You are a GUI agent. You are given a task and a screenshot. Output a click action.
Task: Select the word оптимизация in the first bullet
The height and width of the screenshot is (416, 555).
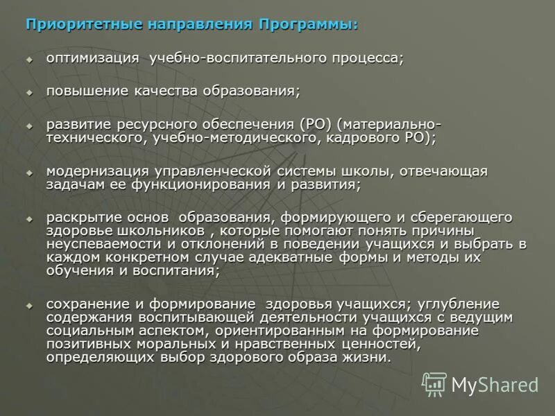tap(93, 58)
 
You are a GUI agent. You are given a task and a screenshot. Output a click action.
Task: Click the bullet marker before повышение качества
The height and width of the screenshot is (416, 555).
tap(29, 92)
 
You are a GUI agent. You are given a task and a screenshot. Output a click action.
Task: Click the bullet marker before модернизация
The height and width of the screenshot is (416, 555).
tap(29, 172)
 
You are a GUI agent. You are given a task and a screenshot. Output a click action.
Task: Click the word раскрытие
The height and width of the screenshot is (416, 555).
tap(79, 218)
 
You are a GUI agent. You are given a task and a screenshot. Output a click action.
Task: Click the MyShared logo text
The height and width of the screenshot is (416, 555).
tap(494, 384)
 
